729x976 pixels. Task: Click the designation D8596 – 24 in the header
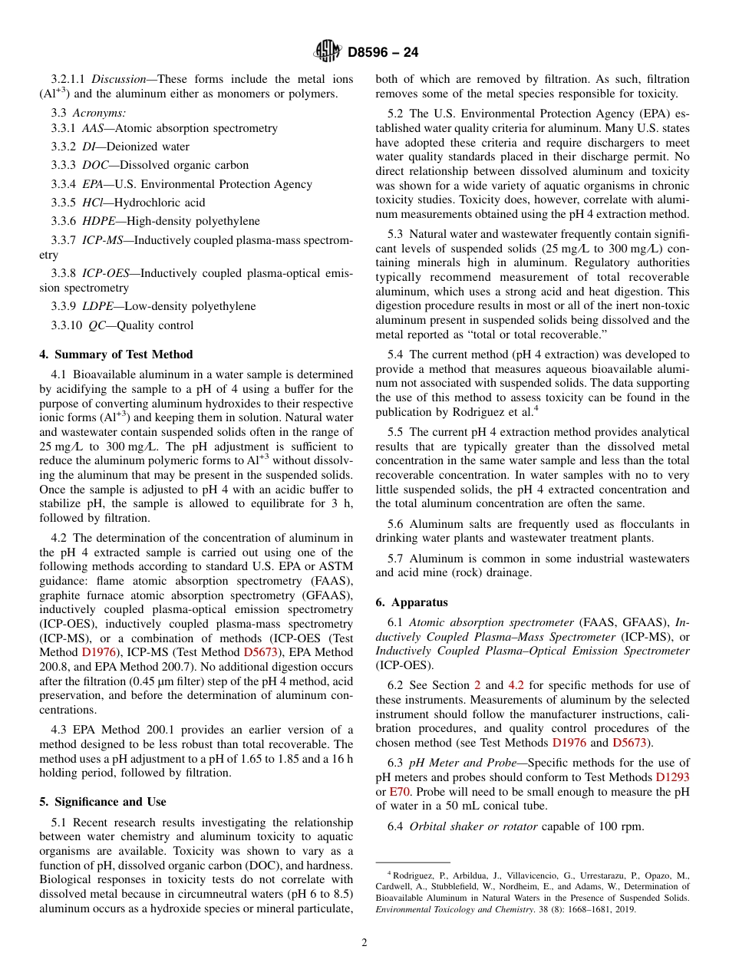click(x=383, y=53)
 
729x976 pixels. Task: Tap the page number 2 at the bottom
click(x=364, y=943)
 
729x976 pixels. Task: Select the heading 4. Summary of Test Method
click(x=116, y=354)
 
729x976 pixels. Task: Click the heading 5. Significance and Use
click(x=102, y=802)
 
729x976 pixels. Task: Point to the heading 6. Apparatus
click(x=411, y=603)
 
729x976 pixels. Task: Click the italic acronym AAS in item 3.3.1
click(x=92, y=128)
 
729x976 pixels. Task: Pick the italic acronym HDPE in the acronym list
click(x=97, y=221)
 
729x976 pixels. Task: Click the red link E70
click(x=400, y=791)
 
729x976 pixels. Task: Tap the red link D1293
click(x=672, y=777)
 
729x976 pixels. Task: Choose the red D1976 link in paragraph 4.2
click(x=98, y=652)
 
